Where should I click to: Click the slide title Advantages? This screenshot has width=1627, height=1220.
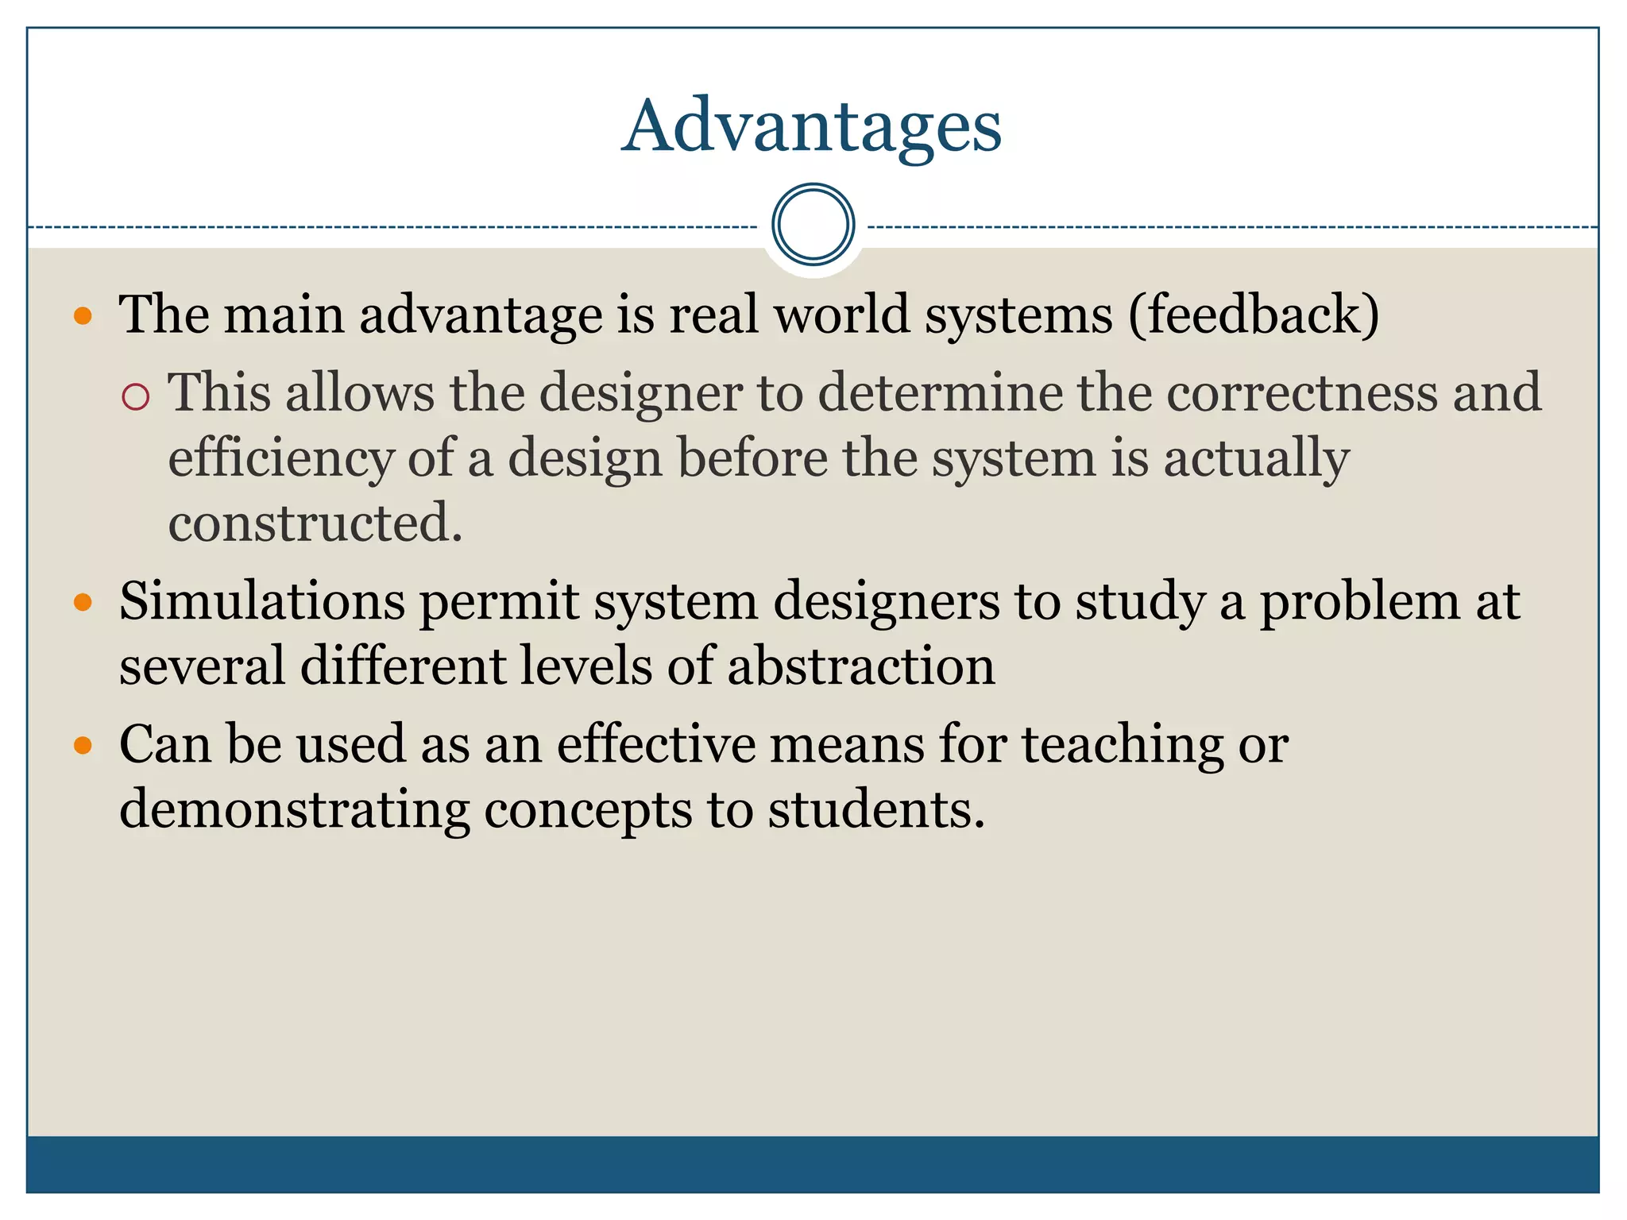[811, 126]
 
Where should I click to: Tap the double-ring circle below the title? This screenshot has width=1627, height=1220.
[813, 224]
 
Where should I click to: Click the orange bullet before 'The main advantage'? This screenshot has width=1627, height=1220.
[83, 317]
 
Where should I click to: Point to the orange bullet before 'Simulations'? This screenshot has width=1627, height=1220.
[83, 603]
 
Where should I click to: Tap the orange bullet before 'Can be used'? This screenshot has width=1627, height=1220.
[83, 746]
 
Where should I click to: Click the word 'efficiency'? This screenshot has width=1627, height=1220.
[280, 459]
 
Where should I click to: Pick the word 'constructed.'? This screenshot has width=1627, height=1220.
[315, 523]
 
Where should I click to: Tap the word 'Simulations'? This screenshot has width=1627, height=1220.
[262, 601]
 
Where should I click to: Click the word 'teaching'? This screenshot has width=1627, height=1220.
[1122, 746]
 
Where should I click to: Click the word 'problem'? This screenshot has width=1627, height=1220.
[1359, 603]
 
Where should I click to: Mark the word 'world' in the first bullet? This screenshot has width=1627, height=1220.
[841, 315]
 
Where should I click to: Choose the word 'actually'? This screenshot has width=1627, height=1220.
[1256, 459]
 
